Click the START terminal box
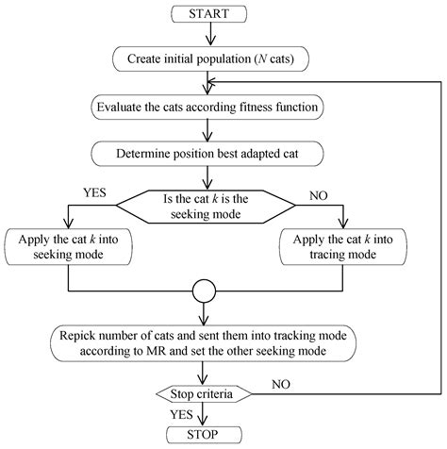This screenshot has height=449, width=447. [209, 14]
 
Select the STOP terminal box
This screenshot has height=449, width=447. [209, 434]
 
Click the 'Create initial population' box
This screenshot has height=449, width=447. [209, 58]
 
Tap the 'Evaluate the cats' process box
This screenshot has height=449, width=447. [209, 106]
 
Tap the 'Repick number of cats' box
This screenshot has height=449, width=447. [209, 342]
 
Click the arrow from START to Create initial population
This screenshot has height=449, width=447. [209, 34]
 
